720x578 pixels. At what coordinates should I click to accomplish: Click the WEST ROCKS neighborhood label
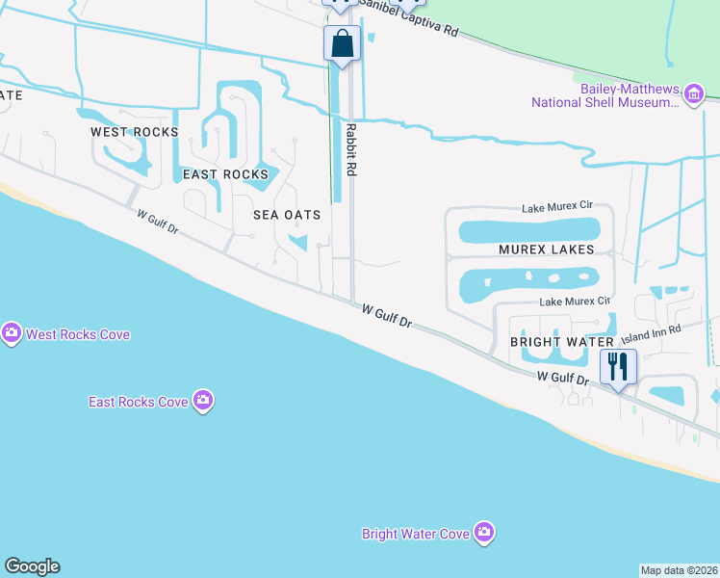[135, 131]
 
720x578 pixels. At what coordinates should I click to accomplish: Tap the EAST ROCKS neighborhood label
[225, 174]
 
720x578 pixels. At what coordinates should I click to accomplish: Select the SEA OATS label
[286, 215]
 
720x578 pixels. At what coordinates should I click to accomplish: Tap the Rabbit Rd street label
[351, 148]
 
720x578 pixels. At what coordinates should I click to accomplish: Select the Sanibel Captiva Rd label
[414, 21]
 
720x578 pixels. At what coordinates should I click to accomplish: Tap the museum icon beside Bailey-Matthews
[693, 94]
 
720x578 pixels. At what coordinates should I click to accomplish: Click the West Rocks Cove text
[78, 334]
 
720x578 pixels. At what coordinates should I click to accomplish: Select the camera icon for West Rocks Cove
[12, 333]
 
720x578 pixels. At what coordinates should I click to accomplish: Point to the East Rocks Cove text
[139, 401]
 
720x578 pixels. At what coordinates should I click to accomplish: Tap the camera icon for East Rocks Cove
[202, 400]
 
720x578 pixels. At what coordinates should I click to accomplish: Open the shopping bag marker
[342, 43]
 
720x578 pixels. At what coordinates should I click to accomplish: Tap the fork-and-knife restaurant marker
[617, 367]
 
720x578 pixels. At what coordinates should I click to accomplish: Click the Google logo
[32, 566]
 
